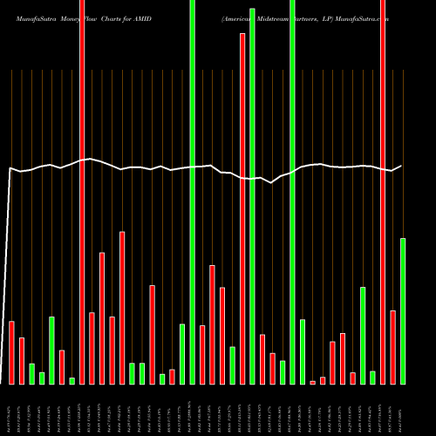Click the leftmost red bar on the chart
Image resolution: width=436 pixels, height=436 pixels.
tap(12, 352)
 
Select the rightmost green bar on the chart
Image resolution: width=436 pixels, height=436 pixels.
tap(403, 310)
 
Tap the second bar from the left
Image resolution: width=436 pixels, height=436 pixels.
tap(22, 360)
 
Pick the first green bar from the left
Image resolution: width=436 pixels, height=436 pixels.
tap(32, 373)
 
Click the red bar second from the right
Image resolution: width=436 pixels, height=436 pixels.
tap(393, 347)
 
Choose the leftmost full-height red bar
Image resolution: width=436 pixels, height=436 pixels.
tap(82, 192)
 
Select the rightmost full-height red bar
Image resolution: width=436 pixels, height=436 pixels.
tap(383, 192)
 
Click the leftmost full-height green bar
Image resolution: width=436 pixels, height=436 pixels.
tap(193, 192)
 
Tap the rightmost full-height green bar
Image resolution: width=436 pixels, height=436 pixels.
tap(293, 192)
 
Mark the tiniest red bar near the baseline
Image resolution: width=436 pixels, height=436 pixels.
tap(313, 382)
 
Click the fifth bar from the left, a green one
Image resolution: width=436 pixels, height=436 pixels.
tap(52, 350)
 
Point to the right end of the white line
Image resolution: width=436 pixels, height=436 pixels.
tap(401, 166)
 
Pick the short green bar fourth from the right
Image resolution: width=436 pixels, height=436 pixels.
tap(373, 377)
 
